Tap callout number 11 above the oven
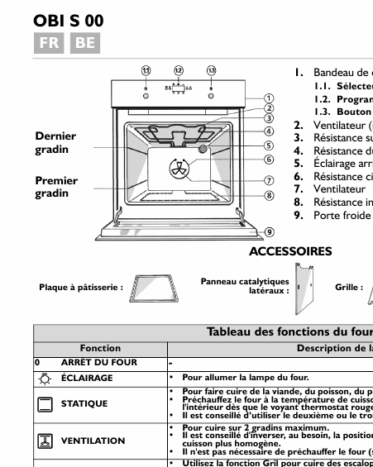[146, 71]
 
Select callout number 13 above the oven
[211, 71]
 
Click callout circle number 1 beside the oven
[270, 98]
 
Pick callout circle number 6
[270, 160]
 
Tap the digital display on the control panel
[178, 87]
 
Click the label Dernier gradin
[55, 143]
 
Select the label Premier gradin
[56, 187]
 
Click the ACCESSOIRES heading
[290, 251]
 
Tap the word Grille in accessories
[348, 287]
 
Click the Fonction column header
[100, 349]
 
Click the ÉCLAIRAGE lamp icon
[45, 378]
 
